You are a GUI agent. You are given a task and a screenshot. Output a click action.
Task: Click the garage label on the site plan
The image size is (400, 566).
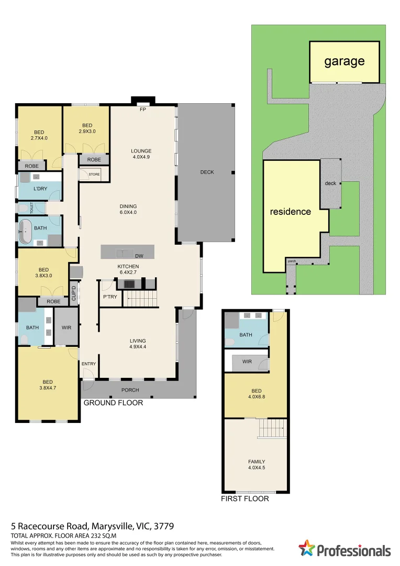pyautogui.click(x=344, y=62)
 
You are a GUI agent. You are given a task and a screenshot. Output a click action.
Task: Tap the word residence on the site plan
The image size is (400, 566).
pyautogui.click(x=291, y=212)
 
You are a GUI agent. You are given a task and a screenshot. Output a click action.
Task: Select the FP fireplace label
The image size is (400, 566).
pyautogui.click(x=143, y=110)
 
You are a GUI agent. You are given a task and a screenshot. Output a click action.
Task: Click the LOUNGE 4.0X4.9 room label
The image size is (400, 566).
pyautogui.click(x=141, y=154)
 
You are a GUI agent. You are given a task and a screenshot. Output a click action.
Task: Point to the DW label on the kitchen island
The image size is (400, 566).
pyautogui.click(x=139, y=256)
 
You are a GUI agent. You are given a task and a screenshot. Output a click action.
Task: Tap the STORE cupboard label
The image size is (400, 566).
pyautogui.click(x=94, y=175)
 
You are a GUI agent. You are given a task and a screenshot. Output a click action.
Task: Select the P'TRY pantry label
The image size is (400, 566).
pyautogui.click(x=110, y=297)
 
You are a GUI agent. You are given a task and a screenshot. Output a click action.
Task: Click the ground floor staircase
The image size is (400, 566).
pyautogui.click(x=141, y=299)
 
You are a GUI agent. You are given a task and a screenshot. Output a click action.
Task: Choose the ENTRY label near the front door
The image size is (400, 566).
pyautogui.click(x=88, y=364)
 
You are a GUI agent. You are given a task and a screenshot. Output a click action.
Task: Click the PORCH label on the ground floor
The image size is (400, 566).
pyautogui.click(x=130, y=390)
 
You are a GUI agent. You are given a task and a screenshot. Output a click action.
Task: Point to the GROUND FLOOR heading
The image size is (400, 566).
pyautogui.click(x=113, y=403)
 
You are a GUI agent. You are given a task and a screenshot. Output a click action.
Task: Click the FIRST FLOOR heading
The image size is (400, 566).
pyautogui.click(x=245, y=498)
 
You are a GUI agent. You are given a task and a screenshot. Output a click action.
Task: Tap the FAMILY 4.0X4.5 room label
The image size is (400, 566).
pyautogui.click(x=257, y=464)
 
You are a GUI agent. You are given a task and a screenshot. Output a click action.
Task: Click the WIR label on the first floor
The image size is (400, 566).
pyautogui.click(x=247, y=361)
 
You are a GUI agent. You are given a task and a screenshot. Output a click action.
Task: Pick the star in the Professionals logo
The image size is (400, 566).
pyautogui.click(x=307, y=548)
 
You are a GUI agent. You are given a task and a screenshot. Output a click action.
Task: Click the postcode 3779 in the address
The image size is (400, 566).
pyautogui.click(x=164, y=526)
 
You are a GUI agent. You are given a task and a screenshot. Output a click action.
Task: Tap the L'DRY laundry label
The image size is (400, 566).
pyautogui.click(x=40, y=189)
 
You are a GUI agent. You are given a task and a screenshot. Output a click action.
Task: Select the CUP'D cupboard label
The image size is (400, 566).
pyautogui.click(x=74, y=293)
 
